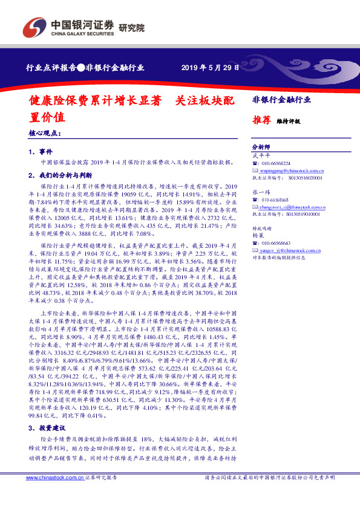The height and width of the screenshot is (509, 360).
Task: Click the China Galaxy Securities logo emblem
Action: [x=34, y=27]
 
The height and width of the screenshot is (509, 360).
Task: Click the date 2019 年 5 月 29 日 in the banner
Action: [x=211, y=68]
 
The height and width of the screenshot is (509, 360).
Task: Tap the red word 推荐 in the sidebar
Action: [x=260, y=120]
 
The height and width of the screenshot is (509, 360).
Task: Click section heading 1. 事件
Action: [x=41, y=151]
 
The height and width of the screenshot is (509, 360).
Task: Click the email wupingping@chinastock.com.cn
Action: [x=289, y=170]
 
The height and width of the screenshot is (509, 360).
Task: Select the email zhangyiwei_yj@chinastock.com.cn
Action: [x=292, y=207]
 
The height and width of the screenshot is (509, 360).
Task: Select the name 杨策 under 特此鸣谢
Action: [x=258, y=235]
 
